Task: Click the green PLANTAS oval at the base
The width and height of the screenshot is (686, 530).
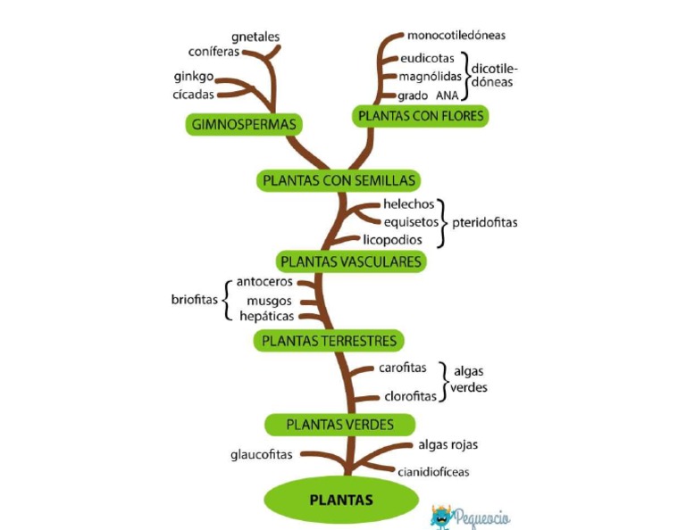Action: tap(340, 500)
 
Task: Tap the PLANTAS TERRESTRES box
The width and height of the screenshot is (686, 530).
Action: tap(329, 340)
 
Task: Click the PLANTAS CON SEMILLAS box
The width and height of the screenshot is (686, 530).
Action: tap(339, 180)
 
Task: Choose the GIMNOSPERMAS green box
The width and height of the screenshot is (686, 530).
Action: tap(243, 124)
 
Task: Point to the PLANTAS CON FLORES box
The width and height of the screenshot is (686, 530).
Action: tap(420, 115)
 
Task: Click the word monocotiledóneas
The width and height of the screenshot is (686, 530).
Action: tap(456, 36)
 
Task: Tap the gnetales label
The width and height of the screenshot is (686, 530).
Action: tap(255, 37)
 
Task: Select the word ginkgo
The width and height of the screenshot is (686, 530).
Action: tap(194, 76)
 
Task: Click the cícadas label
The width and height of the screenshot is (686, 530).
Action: tap(194, 95)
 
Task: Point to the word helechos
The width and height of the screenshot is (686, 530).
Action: tap(408, 204)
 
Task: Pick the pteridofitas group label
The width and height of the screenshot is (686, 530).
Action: tap(484, 222)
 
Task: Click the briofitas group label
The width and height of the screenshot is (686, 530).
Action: tap(195, 300)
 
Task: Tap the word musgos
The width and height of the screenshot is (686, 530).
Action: tap(269, 301)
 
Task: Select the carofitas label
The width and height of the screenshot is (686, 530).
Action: tap(402, 368)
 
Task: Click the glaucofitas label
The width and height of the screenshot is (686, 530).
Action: tap(262, 455)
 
